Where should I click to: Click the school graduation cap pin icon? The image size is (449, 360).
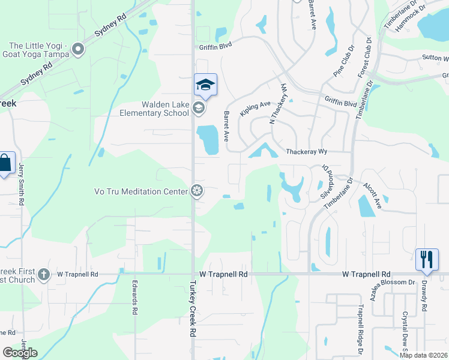[x=205, y=85]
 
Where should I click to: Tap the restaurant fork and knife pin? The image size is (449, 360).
[x=427, y=259]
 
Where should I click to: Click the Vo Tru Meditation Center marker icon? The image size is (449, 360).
[x=196, y=191]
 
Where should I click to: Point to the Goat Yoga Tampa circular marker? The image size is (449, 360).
[x=77, y=49]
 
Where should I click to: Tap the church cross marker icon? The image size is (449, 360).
[x=43, y=275]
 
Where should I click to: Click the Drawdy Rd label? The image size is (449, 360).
[x=424, y=295]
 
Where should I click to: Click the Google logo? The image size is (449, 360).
[x=20, y=353]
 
